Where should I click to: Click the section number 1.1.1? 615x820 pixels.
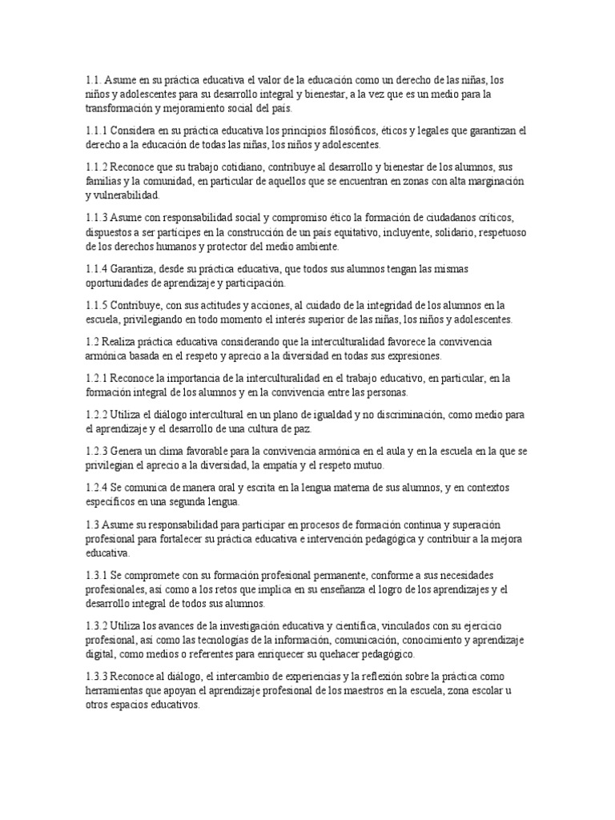click(x=96, y=130)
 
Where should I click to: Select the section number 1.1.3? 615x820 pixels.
click(x=96, y=218)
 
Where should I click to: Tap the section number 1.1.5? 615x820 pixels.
click(x=96, y=306)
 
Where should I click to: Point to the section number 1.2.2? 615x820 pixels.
click(x=96, y=415)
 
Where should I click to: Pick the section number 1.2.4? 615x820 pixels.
click(x=96, y=487)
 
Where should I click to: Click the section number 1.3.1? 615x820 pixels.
click(x=96, y=575)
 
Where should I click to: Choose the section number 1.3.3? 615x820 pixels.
click(x=96, y=677)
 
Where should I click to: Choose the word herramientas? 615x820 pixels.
click(x=117, y=690)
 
